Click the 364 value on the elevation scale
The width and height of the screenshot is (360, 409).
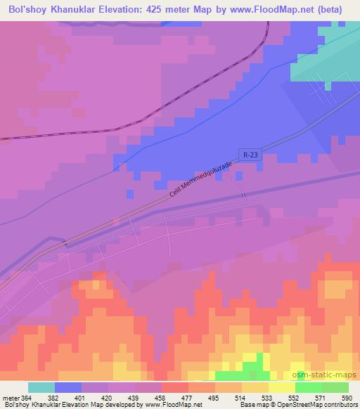[x=26, y=398]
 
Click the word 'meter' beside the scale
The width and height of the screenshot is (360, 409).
[x=10, y=398]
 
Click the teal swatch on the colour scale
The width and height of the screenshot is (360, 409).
[x=41, y=387]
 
